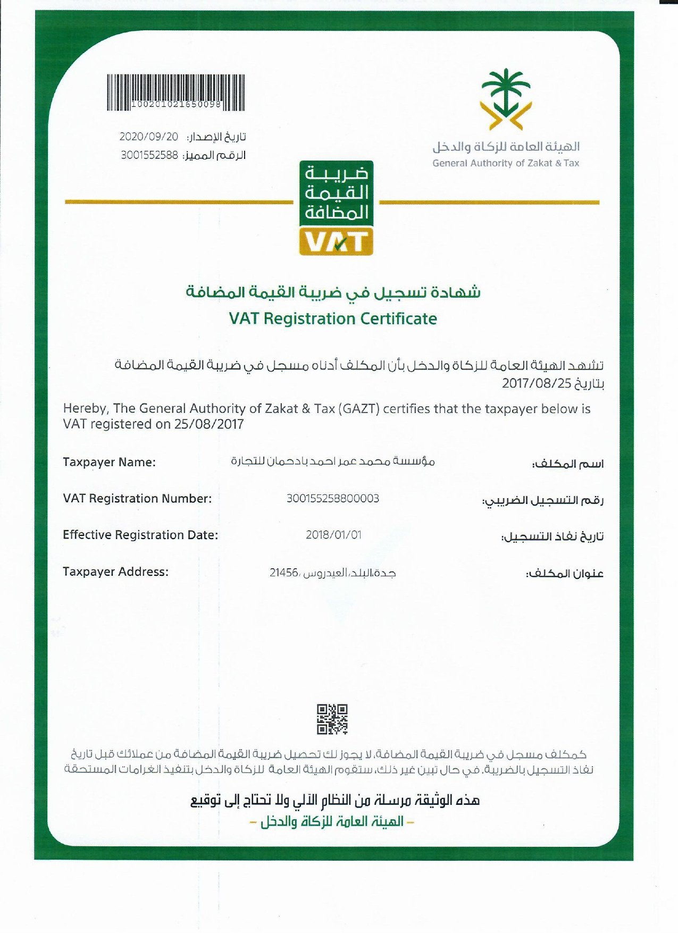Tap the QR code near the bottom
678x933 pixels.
pos(332,719)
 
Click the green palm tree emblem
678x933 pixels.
pos(506,98)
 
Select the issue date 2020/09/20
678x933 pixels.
pos(148,137)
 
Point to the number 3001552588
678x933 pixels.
pos(149,155)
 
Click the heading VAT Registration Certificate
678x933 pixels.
pos(333,318)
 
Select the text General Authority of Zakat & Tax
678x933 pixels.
pos(506,163)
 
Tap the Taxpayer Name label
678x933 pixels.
pos(109,462)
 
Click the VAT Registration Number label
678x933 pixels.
pos(137,498)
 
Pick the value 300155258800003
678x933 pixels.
pos(333,498)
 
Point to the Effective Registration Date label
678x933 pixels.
pos(140,535)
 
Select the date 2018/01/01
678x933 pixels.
pos(333,535)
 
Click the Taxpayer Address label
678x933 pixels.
pos(115,571)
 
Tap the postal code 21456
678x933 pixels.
pos(284,573)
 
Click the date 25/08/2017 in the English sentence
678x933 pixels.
pos(208,424)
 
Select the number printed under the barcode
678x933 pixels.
pos(176,104)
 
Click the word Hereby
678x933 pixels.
pos(86,409)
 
